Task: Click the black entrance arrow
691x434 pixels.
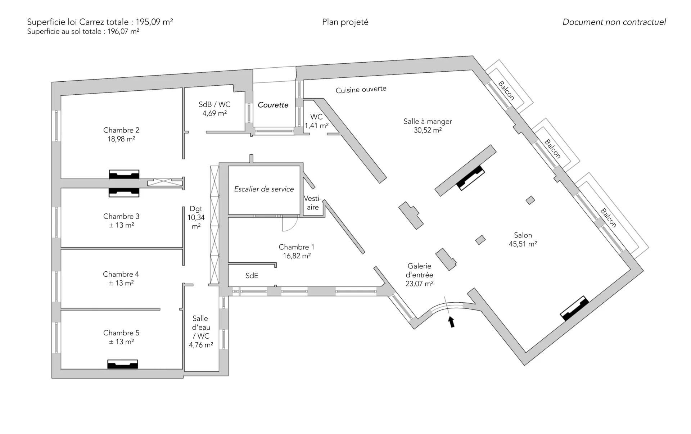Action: tap(451, 322)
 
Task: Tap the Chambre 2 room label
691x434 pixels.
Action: tap(121, 135)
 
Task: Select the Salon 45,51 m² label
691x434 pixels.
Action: tap(523, 239)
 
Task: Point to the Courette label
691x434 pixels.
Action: tap(273, 105)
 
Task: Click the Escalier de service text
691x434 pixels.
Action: tap(264, 189)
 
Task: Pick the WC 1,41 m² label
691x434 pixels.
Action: tap(316, 121)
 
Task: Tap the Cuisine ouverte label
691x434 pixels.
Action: tap(361, 90)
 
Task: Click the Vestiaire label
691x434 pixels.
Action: tap(312, 203)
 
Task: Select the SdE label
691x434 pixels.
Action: tap(252, 276)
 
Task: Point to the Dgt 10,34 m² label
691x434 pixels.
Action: tap(196, 217)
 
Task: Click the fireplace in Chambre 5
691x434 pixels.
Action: tap(123, 364)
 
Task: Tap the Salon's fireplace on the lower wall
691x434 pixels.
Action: tap(574, 308)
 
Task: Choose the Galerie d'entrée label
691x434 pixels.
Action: tap(419, 275)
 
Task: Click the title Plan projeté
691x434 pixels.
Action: tap(345, 22)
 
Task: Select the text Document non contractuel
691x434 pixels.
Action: tap(614, 22)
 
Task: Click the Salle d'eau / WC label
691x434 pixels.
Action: tap(201, 331)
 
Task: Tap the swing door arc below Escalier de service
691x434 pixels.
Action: tap(290, 224)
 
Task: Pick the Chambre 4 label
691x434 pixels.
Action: tap(121, 279)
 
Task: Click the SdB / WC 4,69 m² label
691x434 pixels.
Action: tap(214, 109)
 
